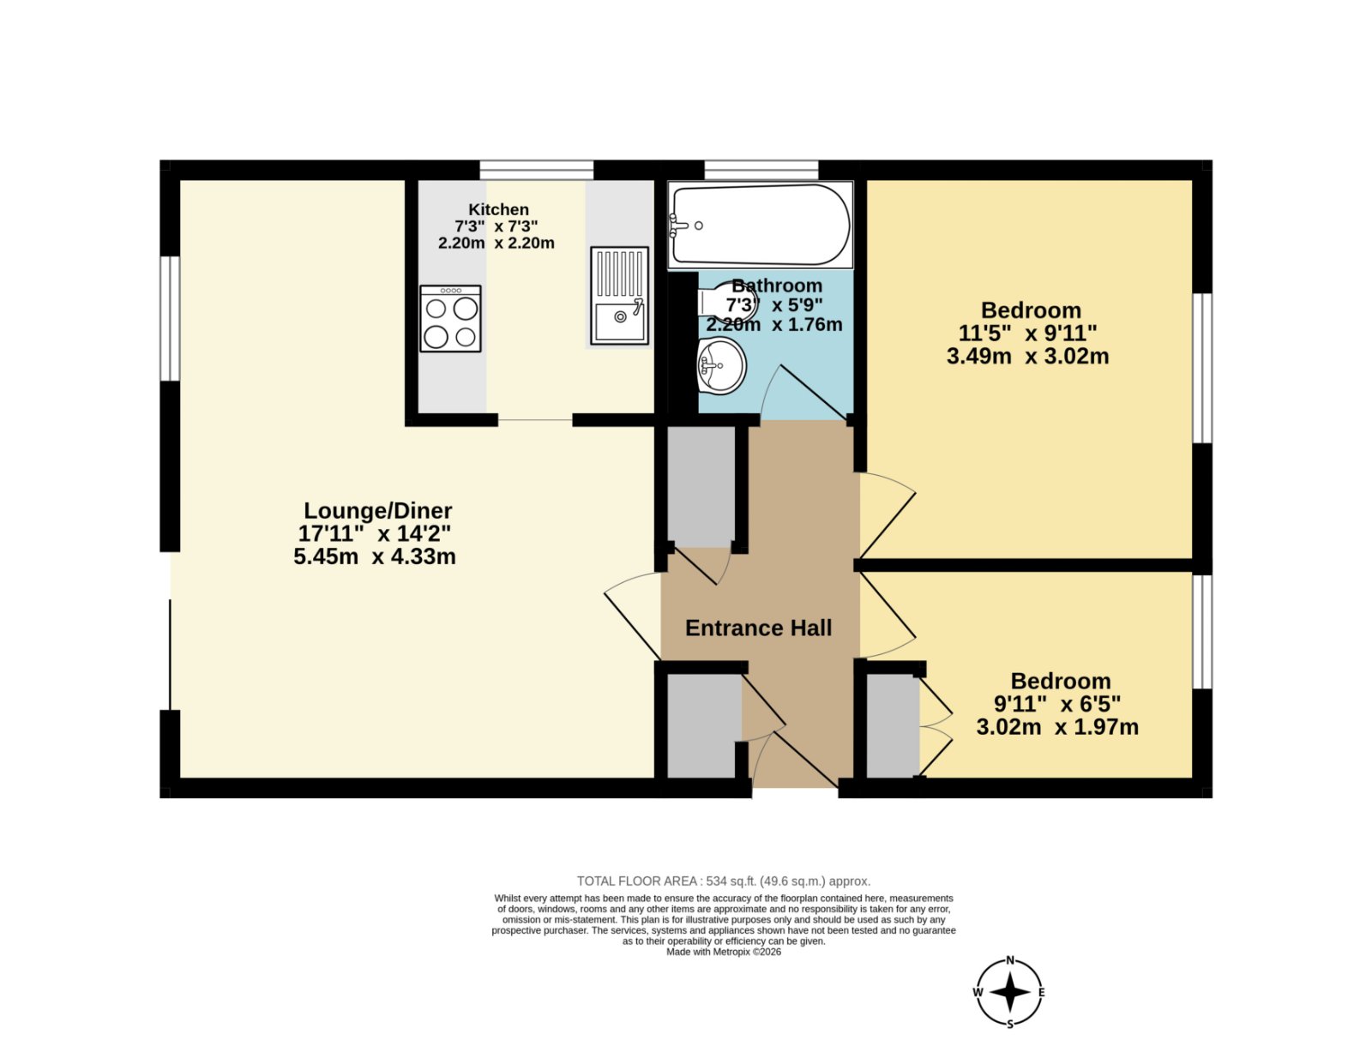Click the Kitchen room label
498,209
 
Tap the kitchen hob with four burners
450,319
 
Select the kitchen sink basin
619,321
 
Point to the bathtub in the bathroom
760,225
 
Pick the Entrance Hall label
758,628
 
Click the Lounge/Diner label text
377,511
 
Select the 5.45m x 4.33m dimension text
375,556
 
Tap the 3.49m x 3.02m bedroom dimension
1027,357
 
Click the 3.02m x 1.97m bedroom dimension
1057,728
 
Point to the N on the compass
1009,960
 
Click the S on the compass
1009,1023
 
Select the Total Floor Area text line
723,881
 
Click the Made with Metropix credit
723,952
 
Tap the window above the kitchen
536,170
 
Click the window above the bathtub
761,170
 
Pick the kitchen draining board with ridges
619,274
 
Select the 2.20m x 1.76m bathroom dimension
773,325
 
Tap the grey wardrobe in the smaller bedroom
893,725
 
